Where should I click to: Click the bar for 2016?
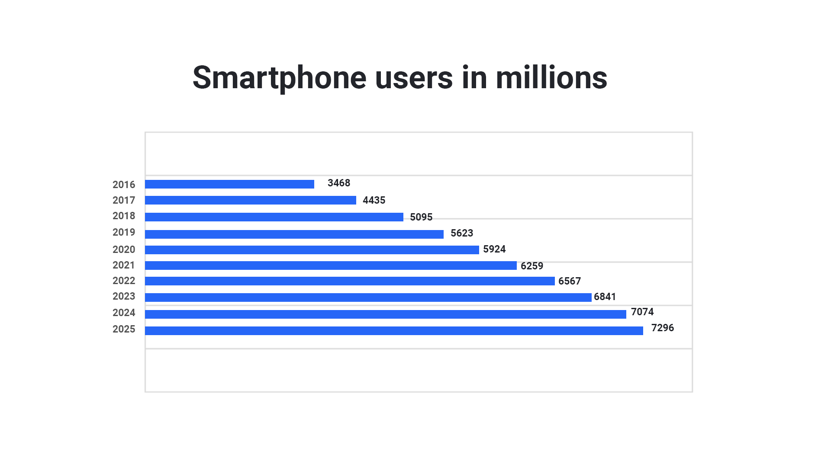[229, 184]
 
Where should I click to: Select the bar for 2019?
[294, 234]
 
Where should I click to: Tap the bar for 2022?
[350, 281]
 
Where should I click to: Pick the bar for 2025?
[394, 331]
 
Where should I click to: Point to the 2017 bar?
[250, 200]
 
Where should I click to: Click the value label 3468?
[338, 183]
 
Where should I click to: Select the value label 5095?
[421, 217]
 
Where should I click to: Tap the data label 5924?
[494, 249]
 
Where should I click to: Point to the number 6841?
[605, 297]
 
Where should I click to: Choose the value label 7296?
[662, 328]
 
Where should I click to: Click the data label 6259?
[531, 266]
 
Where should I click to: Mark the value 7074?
[642, 312]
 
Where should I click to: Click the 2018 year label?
[124, 216]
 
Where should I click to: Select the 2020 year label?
[124, 249]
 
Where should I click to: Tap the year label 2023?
[124, 296]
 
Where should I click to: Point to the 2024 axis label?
[124, 313]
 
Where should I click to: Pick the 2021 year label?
[124, 265]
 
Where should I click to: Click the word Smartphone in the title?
[280, 78]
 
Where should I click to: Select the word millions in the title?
[551, 78]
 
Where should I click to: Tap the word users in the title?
[414, 78]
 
